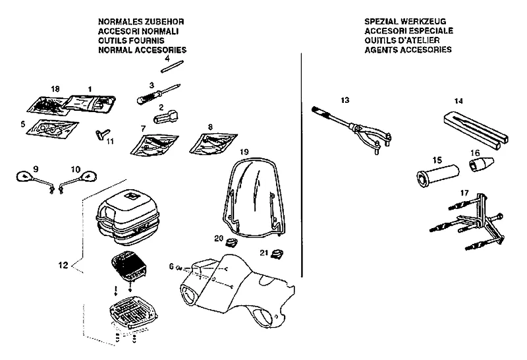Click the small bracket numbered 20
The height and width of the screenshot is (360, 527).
(231, 245)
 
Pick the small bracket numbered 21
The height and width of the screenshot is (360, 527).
(278, 254)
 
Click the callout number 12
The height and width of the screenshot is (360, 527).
(63, 266)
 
